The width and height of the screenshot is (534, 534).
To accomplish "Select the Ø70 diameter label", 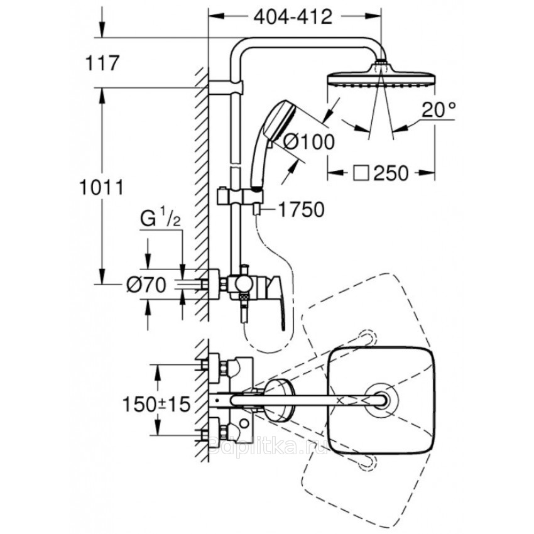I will (x=146, y=285).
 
